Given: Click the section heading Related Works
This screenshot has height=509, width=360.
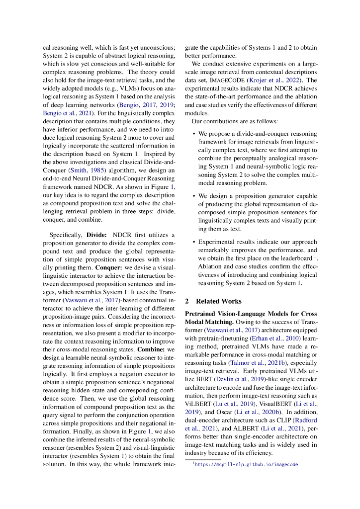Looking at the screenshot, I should pyautogui.click(x=219, y=301).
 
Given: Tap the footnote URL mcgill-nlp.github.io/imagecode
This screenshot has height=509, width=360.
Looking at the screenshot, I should pyautogui.click(x=246, y=464).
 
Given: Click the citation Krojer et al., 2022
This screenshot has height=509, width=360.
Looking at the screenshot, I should pyautogui.click(x=283, y=80).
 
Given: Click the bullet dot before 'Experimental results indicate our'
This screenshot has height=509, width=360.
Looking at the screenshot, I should pyautogui.click(x=193, y=242).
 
